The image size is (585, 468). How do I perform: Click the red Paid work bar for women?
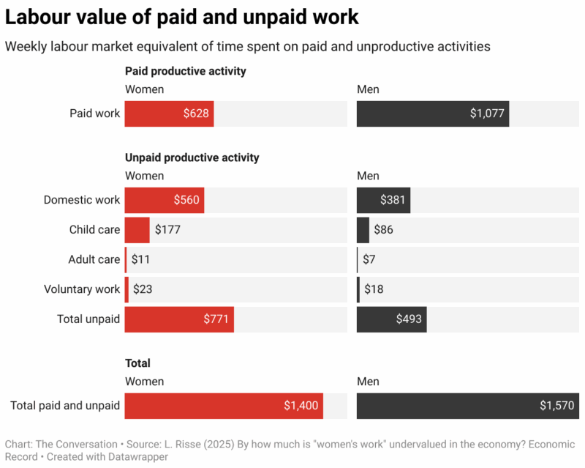pyautogui.click(x=169, y=114)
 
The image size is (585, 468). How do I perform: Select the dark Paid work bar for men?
pyautogui.click(x=432, y=114)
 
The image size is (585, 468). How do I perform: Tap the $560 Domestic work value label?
pyautogui.click(x=186, y=200)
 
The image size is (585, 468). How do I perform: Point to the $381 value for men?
pyautogui.click(x=393, y=200)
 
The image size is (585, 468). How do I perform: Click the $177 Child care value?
pyautogui.click(x=167, y=230)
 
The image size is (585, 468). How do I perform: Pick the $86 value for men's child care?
pyautogui.click(x=384, y=230)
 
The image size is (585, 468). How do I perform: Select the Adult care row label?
pyautogui.click(x=94, y=259)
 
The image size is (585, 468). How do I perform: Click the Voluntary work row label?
pyautogui.click(x=81, y=289)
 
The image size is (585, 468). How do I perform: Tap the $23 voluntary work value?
pyautogui.click(x=143, y=289)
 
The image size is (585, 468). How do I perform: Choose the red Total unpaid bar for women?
pyautogui.click(x=179, y=319)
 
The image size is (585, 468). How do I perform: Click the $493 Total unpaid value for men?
pyautogui.click(x=409, y=319)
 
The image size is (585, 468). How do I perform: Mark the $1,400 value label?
pyautogui.click(x=301, y=406)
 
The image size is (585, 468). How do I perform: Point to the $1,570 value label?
pyautogui.click(x=557, y=406)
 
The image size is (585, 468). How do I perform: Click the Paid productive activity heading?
pyautogui.click(x=186, y=71)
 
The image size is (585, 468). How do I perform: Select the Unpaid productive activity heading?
pyautogui.click(x=192, y=157)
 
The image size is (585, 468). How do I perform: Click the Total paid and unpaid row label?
pyautogui.click(x=65, y=406)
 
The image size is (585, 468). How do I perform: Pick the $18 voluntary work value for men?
pyautogui.click(x=373, y=289)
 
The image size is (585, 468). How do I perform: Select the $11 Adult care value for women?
pyautogui.click(x=140, y=259)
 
